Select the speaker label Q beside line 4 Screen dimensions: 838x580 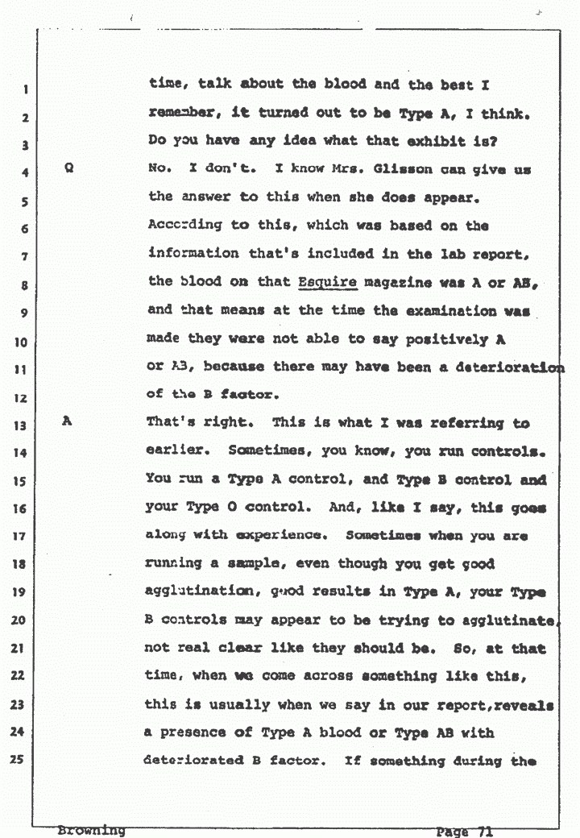tap(68, 171)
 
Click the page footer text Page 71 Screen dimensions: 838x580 tap(465, 831)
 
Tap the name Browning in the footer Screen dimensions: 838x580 tap(91, 829)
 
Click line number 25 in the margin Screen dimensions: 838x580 tap(26, 762)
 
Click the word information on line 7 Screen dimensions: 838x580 tap(194, 255)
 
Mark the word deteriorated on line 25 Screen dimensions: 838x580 tap(197, 761)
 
